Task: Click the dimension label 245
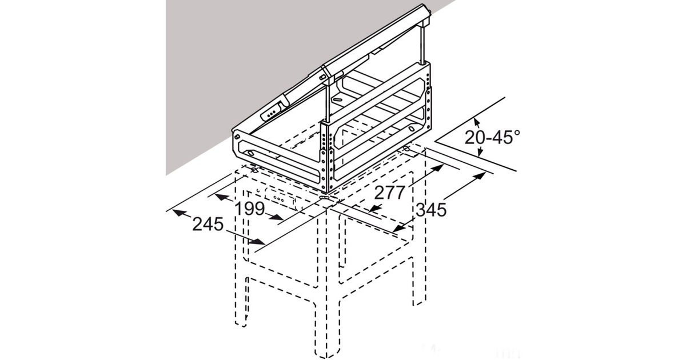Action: (x=207, y=225)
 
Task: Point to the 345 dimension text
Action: (x=430, y=210)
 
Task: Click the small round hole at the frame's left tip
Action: (x=236, y=137)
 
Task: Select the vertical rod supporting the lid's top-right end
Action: (x=424, y=45)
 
